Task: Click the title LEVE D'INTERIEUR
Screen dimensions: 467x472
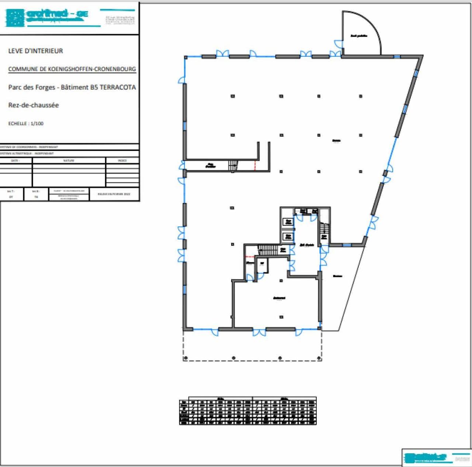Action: pyautogui.click(x=35, y=51)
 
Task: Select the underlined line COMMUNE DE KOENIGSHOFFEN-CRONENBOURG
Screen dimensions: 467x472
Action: pyautogui.click(x=72, y=69)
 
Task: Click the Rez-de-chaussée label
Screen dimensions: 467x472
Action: pyautogui.click(x=34, y=105)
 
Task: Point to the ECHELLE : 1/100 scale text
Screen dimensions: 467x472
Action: pyautogui.click(x=26, y=124)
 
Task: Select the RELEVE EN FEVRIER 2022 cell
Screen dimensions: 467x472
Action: pyautogui.click(x=114, y=194)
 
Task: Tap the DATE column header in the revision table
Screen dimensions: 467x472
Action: pyautogui.click(x=15, y=160)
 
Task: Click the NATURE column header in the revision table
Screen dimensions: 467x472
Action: pyautogui.click(x=69, y=160)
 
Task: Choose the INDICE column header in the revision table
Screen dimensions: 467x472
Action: pyautogui.click(x=122, y=160)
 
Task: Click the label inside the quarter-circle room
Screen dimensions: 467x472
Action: pyautogui.click(x=359, y=36)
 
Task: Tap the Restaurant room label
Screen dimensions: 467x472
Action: pyautogui.click(x=279, y=298)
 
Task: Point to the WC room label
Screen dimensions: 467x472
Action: pyautogui.click(x=262, y=263)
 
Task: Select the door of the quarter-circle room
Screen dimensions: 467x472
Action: pyautogui.click(x=339, y=44)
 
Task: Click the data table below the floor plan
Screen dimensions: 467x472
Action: pyautogui.click(x=247, y=411)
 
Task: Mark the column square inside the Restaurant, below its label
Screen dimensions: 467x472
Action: pyautogui.click(x=281, y=317)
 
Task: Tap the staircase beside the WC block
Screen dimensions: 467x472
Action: pyautogui.click(x=268, y=250)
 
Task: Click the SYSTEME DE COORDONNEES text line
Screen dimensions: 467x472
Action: pyautogui.click(x=29, y=147)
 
